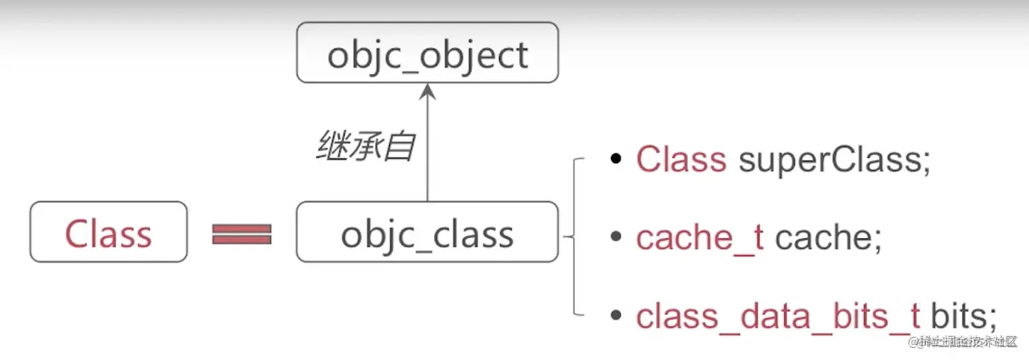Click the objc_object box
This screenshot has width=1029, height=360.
click(x=427, y=53)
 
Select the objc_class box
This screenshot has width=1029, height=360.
click(x=427, y=232)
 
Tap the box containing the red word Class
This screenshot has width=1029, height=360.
click(x=108, y=232)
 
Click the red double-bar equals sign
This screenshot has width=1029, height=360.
click(x=242, y=233)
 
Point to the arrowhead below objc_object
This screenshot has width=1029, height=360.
click(x=427, y=92)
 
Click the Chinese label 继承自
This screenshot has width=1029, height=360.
click(x=366, y=146)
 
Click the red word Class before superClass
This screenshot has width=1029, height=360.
click(x=681, y=159)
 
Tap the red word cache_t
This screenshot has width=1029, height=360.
click(x=700, y=238)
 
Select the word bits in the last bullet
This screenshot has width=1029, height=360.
click(x=958, y=316)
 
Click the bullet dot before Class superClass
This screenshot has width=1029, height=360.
click(x=616, y=159)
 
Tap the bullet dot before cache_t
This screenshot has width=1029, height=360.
click(x=616, y=238)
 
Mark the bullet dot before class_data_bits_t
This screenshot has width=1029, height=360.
click(x=616, y=316)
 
